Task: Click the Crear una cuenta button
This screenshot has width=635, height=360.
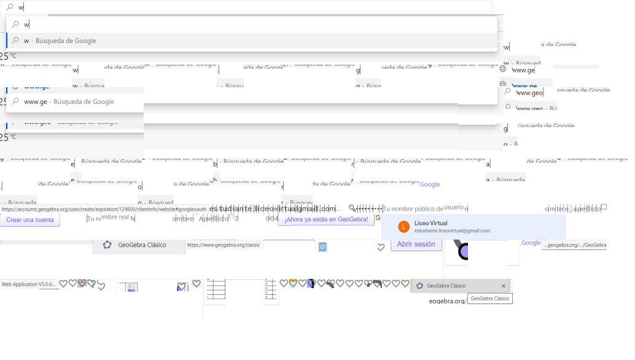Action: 29,220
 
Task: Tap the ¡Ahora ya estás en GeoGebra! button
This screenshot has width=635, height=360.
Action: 326,219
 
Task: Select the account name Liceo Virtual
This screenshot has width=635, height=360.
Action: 430,223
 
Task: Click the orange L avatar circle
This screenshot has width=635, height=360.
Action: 403,227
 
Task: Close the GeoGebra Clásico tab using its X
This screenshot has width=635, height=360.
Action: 504,286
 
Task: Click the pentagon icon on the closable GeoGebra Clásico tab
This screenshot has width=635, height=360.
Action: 420,286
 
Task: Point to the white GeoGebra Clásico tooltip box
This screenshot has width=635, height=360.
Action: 489,299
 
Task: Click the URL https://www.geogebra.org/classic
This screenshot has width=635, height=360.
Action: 224,245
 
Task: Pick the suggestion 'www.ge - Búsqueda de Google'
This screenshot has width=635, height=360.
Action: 69,101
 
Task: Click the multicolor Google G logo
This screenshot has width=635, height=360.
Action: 378,217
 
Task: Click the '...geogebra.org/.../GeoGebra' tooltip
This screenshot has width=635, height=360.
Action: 574,245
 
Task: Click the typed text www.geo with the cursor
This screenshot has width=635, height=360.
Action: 529,93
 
